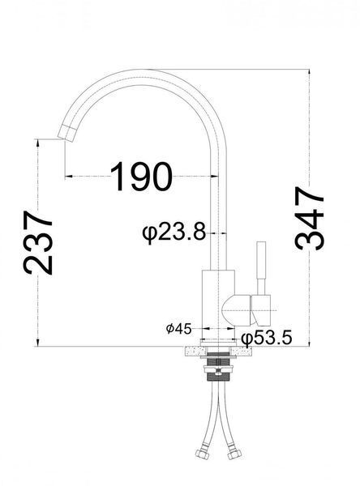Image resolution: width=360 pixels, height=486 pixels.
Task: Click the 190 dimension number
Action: (x=141, y=177)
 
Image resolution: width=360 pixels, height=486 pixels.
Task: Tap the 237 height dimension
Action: (x=38, y=243)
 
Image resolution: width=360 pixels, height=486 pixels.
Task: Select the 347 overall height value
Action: (x=310, y=218)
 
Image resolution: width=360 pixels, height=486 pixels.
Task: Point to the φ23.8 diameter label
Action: (x=174, y=232)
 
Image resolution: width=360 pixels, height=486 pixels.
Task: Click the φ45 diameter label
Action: (x=178, y=329)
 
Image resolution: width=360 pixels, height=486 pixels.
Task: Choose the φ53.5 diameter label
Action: (x=267, y=338)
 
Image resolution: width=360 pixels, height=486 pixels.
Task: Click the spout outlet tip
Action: (x=66, y=134)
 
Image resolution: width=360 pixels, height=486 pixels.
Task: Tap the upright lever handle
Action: (x=261, y=268)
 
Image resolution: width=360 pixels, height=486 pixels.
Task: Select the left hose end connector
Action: (x=201, y=454)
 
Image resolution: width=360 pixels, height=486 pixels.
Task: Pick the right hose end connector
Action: (x=234, y=454)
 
